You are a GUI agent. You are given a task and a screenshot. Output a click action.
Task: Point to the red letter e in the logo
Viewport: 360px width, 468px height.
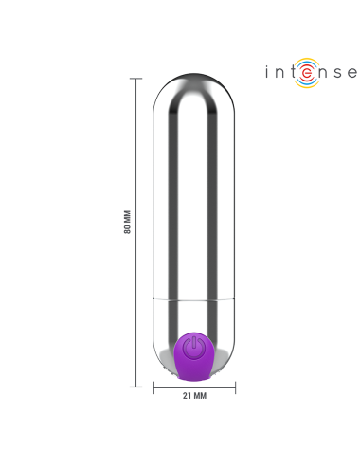pyautogui.click(x=304, y=72)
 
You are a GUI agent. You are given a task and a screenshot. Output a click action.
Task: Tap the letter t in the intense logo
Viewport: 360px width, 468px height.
pyautogui.click(x=290, y=72)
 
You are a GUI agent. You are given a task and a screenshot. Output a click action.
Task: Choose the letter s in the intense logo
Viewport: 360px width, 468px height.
pyautogui.click(x=335, y=72)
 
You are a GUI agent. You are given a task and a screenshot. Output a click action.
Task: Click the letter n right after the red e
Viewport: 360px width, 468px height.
pyautogui.click(x=320, y=72)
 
